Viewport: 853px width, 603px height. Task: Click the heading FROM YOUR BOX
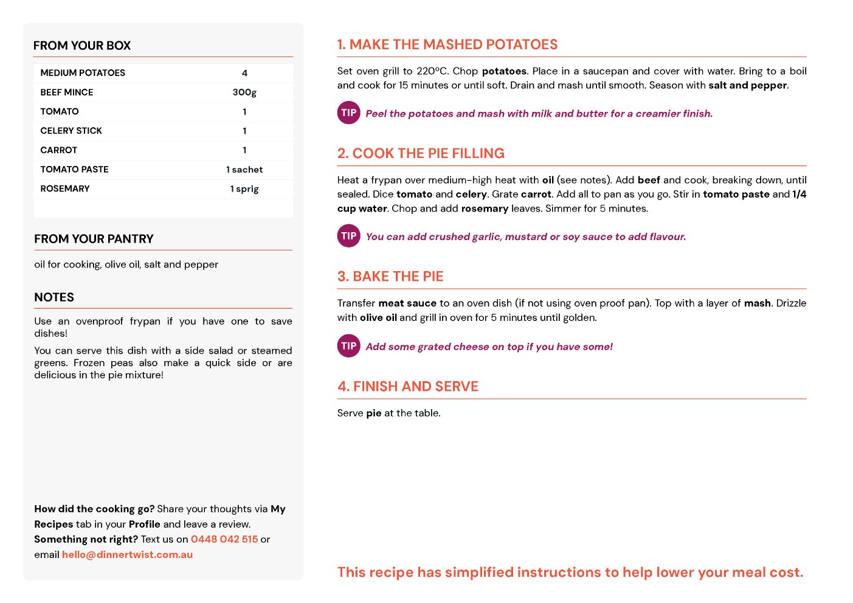(82, 46)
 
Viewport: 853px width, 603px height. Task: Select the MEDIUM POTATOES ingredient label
(83, 73)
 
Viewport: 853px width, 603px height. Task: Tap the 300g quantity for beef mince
(244, 92)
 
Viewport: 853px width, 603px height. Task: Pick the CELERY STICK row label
(71, 131)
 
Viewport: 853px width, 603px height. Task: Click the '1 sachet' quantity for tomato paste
(244, 170)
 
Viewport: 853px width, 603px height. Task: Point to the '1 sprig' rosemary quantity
(244, 189)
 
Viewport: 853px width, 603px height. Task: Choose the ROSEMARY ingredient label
(65, 189)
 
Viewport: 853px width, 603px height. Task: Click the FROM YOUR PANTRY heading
(94, 239)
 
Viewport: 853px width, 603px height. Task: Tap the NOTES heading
(54, 297)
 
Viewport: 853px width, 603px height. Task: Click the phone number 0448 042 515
(224, 539)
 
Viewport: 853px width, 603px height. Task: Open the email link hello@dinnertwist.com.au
(127, 554)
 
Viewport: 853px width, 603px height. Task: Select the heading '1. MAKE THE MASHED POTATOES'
(447, 44)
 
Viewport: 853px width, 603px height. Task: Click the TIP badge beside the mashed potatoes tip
(349, 112)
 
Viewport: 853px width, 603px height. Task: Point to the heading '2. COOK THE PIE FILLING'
(421, 153)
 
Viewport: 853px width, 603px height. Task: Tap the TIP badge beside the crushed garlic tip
(349, 236)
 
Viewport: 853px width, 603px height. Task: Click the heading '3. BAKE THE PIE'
(390, 277)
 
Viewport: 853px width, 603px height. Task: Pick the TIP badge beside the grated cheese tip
(349, 346)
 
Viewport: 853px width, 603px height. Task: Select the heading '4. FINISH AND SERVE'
(408, 387)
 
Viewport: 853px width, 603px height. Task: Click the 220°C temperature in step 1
(432, 71)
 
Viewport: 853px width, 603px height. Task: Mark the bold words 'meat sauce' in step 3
(407, 303)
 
